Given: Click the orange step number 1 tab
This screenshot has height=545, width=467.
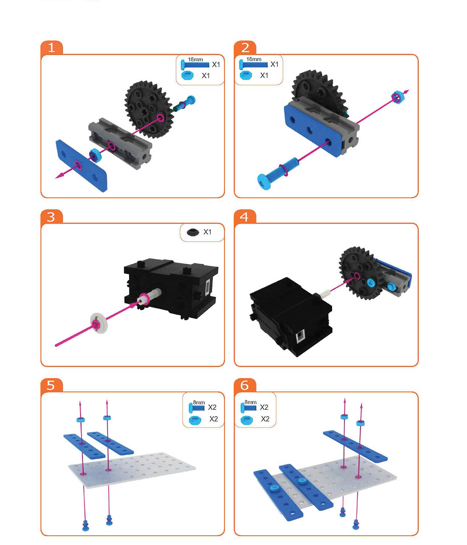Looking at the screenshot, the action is (x=52, y=47).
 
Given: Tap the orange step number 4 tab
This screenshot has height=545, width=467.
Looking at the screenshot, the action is (x=245, y=216).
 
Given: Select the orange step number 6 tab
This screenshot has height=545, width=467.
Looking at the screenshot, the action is (x=245, y=386).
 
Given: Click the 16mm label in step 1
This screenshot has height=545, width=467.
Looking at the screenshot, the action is (x=195, y=60).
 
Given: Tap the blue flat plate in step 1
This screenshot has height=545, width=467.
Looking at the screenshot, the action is (x=82, y=165).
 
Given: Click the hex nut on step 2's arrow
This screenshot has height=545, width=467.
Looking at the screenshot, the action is (x=397, y=97).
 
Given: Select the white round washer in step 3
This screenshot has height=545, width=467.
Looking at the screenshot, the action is (x=99, y=323).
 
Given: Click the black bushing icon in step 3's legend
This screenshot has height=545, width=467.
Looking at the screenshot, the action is (x=193, y=232).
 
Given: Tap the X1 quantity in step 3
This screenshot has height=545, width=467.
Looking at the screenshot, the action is (x=207, y=232).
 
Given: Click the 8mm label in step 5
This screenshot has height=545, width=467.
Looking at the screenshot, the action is (x=199, y=402).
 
